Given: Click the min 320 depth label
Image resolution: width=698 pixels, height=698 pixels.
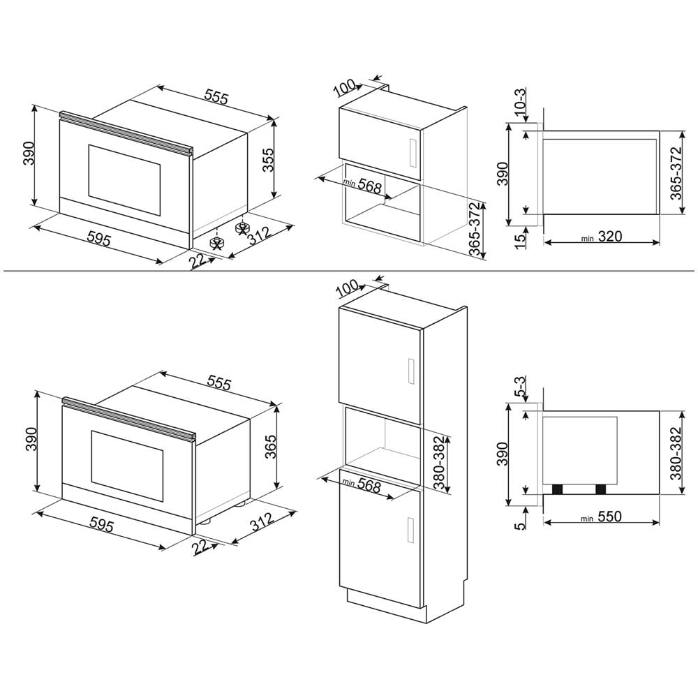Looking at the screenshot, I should pyautogui.click(x=602, y=237).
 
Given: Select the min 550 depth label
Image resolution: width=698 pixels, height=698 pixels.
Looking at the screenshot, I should pyautogui.click(x=602, y=517).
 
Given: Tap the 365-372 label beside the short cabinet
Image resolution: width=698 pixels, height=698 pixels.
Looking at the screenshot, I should pyautogui.click(x=475, y=230).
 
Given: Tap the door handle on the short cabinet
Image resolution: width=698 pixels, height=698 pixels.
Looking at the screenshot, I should pyautogui.click(x=412, y=152).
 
